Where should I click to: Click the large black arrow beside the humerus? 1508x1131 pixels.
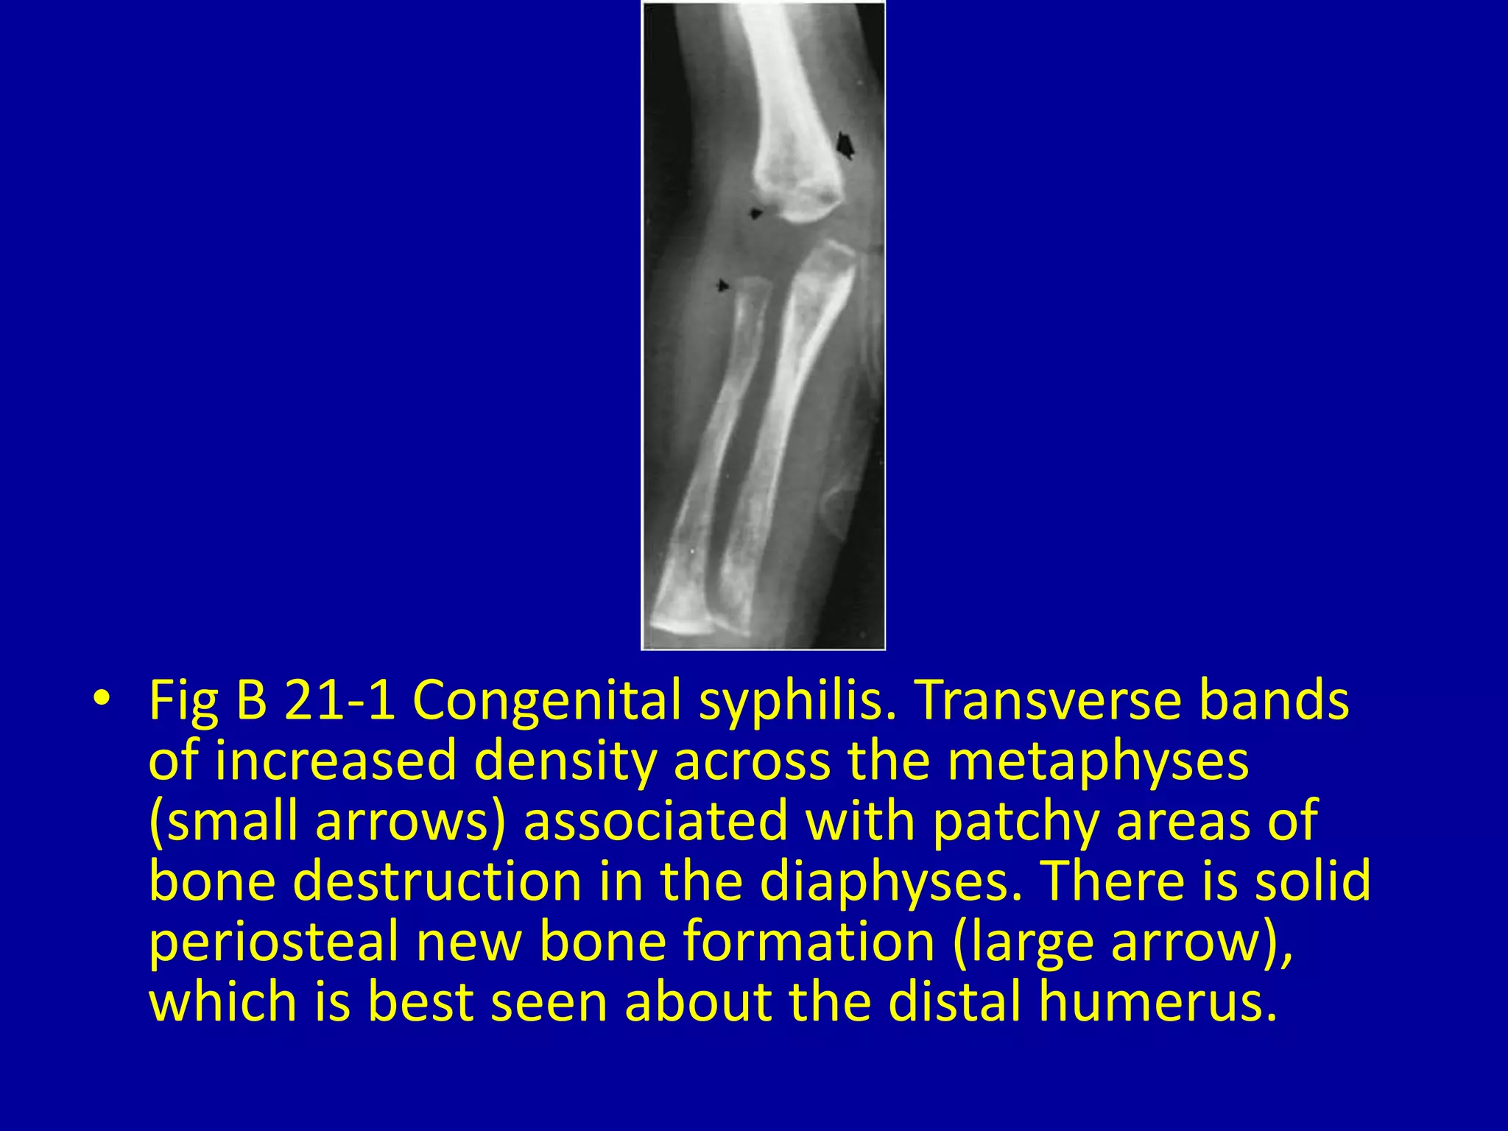point(845,145)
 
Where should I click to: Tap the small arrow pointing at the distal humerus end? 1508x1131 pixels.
point(755,214)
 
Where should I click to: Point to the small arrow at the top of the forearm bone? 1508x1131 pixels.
point(723,285)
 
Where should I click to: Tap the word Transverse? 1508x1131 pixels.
point(1045,700)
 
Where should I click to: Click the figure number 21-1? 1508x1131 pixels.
point(341,700)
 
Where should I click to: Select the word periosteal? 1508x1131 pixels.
point(274,942)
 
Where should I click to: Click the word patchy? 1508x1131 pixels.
point(1016,821)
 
